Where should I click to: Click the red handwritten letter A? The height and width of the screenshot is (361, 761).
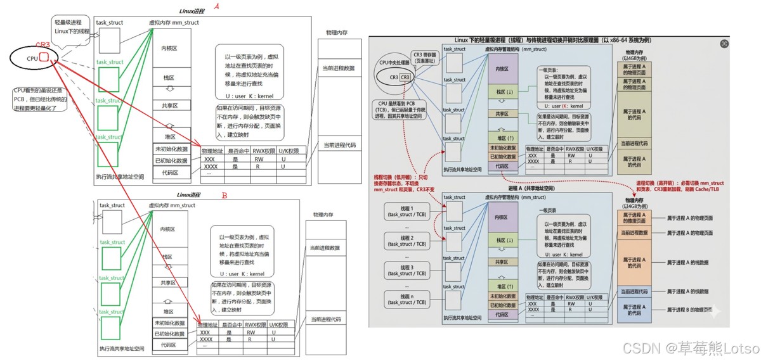tap(216, 7)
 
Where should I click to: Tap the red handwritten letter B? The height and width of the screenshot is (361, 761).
tap(224, 196)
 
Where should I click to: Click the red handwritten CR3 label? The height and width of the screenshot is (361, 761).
tap(42, 45)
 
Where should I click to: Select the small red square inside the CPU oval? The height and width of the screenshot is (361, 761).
tap(44, 58)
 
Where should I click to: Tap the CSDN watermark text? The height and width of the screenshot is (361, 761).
tap(691, 348)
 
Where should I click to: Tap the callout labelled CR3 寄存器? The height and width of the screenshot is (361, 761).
tap(425, 58)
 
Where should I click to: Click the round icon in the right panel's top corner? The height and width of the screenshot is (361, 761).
tap(724, 44)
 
